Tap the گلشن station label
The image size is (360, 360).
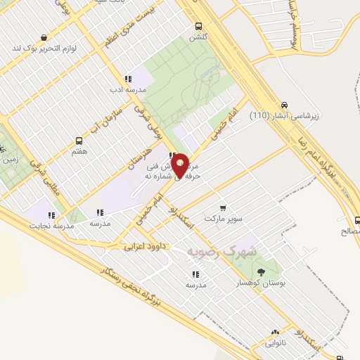pyautogui.click(x=198, y=37)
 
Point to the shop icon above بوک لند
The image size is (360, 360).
pyautogui.click(x=45, y=38)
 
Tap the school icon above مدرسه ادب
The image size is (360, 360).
pyautogui.click(x=127, y=79)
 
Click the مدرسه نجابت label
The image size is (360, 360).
pyautogui.click(x=52, y=225)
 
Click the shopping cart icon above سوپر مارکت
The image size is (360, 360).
pyautogui.click(x=223, y=208)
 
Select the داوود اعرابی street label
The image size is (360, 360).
pyautogui.click(x=143, y=247)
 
